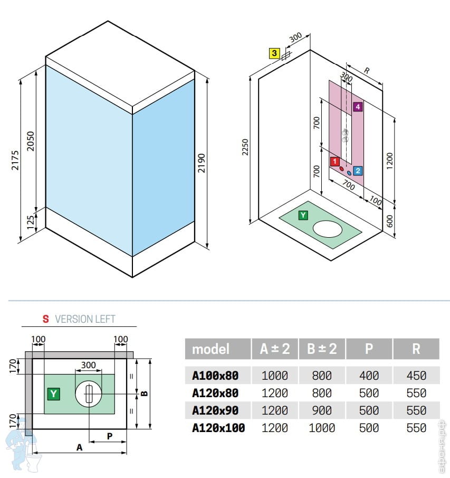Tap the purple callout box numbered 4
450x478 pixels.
358,107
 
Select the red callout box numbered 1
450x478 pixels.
334,161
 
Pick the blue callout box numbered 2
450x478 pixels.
358,171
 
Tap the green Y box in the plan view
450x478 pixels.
53,393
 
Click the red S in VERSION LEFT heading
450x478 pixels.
46,319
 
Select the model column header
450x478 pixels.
210,349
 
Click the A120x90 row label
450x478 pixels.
215,410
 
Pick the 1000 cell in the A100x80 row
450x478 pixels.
274,376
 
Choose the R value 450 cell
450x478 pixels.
416,376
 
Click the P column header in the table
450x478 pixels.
369,349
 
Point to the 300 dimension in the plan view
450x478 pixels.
88,365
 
